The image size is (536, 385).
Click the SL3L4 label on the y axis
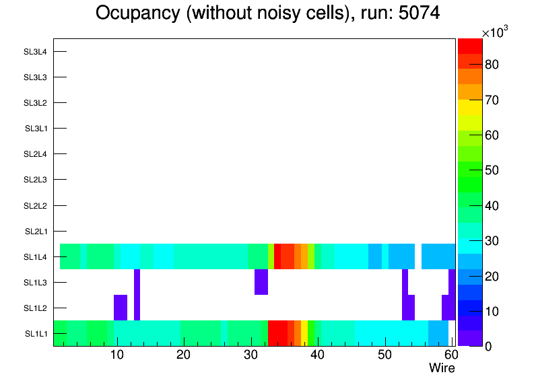tap(35, 52)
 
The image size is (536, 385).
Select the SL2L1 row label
tap(36, 232)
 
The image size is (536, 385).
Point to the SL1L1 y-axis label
tap(36, 334)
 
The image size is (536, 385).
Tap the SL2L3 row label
tap(35, 180)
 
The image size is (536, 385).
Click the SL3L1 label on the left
tap(36, 129)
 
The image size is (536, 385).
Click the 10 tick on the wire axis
tap(117, 355)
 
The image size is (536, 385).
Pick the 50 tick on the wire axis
tap(384, 355)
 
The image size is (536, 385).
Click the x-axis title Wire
tap(442, 368)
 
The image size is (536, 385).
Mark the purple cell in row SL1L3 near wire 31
tap(261, 282)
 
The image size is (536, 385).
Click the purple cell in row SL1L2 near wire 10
tap(121, 308)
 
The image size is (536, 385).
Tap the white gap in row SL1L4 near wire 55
tap(417, 256)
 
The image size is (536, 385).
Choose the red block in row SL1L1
tap(277, 333)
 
